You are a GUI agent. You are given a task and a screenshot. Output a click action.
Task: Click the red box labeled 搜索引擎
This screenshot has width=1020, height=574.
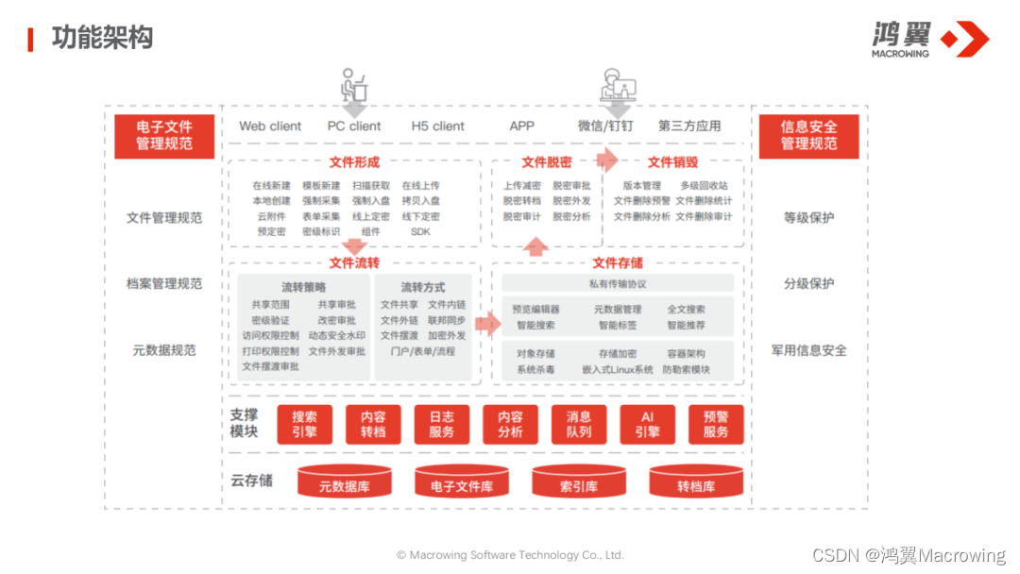tap(304, 424)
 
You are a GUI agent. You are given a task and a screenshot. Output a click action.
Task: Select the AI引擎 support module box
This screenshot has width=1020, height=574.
tap(647, 424)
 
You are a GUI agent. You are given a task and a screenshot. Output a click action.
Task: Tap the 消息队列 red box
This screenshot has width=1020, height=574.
tap(579, 424)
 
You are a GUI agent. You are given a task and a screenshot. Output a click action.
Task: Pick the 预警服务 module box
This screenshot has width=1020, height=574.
tap(716, 424)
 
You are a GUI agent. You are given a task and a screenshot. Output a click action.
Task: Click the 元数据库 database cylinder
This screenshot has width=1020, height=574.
tap(344, 483)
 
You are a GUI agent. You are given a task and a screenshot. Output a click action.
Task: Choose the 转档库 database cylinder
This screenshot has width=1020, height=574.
tap(696, 483)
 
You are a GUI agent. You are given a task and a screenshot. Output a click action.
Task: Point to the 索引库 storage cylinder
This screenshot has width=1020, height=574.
tap(579, 483)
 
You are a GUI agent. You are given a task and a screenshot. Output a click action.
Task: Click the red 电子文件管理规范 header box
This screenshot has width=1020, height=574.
tap(164, 136)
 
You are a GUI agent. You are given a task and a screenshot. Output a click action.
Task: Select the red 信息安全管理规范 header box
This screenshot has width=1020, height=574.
tap(808, 136)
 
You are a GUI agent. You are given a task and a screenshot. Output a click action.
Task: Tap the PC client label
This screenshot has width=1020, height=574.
tap(354, 126)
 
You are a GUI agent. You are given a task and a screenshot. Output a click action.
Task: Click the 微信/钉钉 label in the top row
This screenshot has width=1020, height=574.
tap(605, 126)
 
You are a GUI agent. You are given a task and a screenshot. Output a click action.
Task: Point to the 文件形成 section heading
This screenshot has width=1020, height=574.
tap(354, 162)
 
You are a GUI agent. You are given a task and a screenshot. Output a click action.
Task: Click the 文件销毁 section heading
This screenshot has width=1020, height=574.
tap(672, 162)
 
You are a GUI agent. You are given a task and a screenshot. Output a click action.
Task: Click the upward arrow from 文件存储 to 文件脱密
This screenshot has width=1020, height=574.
tap(536, 247)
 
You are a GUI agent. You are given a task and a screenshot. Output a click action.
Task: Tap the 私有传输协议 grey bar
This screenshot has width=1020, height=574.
tap(618, 283)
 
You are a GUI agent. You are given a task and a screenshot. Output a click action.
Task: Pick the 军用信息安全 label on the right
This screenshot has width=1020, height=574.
tap(808, 350)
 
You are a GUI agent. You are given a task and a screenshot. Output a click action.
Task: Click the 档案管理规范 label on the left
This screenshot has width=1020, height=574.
tap(164, 284)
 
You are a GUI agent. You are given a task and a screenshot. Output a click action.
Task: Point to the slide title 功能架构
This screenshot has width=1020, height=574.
tap(102, 38)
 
